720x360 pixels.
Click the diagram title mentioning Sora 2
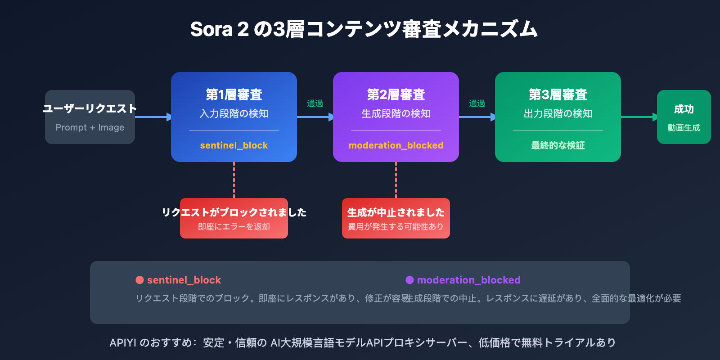coord(364,30)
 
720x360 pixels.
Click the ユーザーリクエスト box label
coord(90,108)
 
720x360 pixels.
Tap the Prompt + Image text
coord(90,127)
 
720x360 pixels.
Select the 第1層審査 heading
coord(234,94)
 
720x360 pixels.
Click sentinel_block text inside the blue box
coord(234,145)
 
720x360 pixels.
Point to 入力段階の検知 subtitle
coord(234,113)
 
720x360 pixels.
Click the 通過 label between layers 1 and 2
coord(315,103)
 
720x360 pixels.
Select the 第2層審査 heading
coord(396,94)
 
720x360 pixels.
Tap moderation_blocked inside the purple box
coord(396,145)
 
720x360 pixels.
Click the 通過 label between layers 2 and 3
coord(477,103)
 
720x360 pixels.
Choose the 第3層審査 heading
coord(558,94)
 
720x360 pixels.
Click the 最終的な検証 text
coord(558,145)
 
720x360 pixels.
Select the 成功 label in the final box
coord(684,109)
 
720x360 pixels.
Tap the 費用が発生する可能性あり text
coord(396,227)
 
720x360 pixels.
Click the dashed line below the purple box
coord(396,180)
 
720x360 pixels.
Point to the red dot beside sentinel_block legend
coord(139,280)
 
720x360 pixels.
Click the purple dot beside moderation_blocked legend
coord(409,280)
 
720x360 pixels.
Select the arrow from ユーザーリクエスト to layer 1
coord(153,117)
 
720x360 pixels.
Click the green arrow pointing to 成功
coord(639,117)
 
